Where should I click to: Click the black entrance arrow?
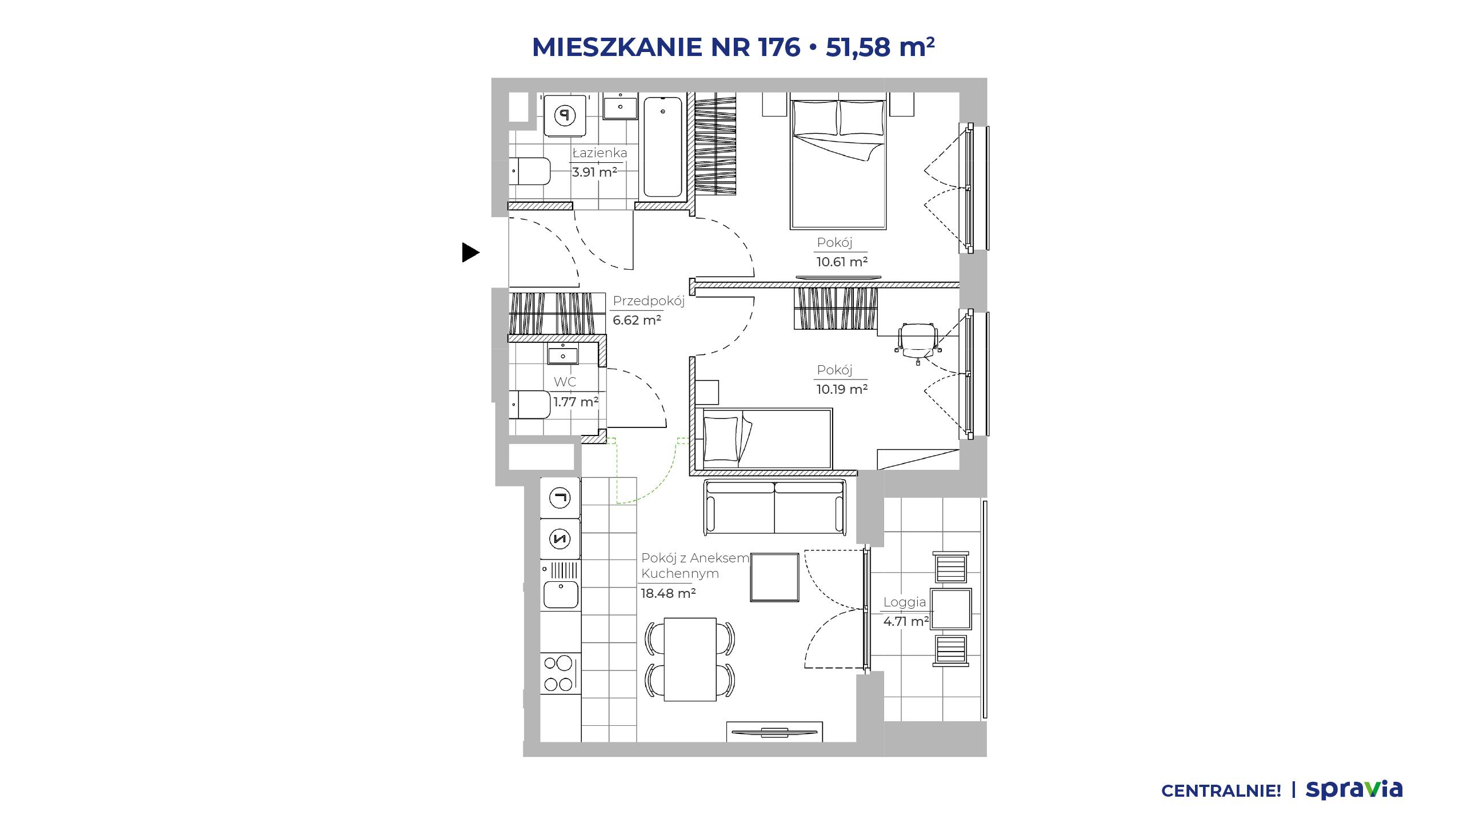(x=470, y=252)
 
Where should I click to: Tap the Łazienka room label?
(x=599, y=153)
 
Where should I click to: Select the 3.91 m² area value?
(x=594, y=171)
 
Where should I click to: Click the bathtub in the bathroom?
(x=663, y=148)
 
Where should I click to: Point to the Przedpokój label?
(x=649, y=301)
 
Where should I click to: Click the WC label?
(x=565, y=382)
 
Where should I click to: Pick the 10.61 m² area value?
(x=842, y=262)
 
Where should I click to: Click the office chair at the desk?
(x=917, y=342)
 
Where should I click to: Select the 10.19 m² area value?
(x=842, y=389)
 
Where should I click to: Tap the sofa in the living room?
(x=775, y=507)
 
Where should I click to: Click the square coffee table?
(x=774, y=577)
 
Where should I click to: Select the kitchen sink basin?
(x=561, y=594)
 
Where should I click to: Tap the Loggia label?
(x=905, y=602)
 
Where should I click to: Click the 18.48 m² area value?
(x=668, y=593)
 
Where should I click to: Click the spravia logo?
(x=1354, y=790)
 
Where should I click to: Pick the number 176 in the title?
(x=779, y=47)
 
